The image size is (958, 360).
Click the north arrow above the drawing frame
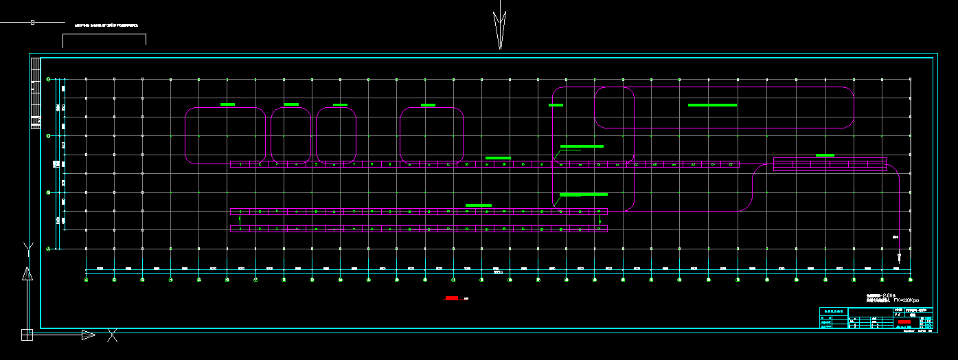(x=500, y=27)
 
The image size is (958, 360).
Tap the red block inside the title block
(x=904, y=322)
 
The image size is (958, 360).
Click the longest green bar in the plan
(x=712, y=105)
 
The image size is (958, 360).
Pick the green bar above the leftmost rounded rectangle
(x=227, y=104)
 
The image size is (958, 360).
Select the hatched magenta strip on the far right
(x=830, y=164)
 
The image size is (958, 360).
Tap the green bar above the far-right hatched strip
(x=825, y=155)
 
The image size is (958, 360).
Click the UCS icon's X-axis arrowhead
(x=88, y=335)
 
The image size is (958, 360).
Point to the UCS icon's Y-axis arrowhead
(x=27, y=274)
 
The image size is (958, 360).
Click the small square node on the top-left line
(x=32, y=22)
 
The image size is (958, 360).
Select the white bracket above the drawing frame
(x=104, y=38)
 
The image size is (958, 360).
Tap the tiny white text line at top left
(x=106, y=25)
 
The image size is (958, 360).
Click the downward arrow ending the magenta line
(x=899, y=258)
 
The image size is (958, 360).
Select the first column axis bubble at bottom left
(x=86, y=280)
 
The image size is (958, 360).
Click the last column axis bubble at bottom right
(x=911, y=280)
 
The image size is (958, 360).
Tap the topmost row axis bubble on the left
(x=48, y=80)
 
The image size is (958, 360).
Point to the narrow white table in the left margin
(x=36, y=103)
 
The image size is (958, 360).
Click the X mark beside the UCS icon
(x=112, y=335)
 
